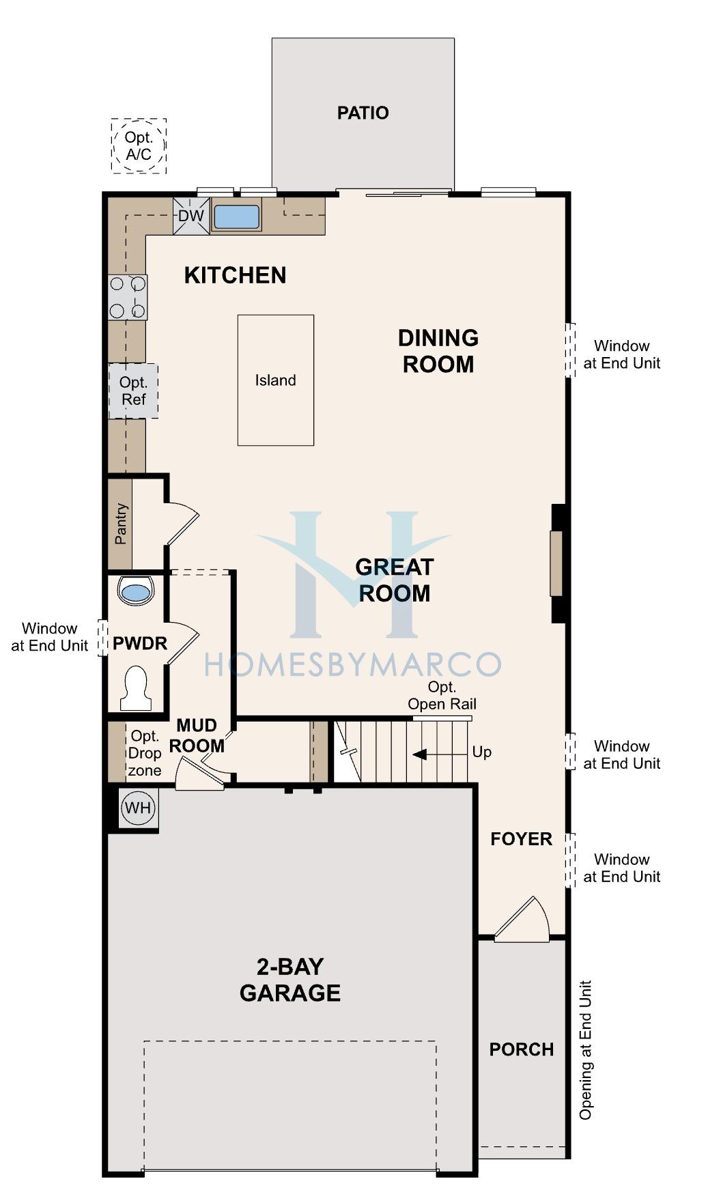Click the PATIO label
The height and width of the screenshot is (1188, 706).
[363, 113]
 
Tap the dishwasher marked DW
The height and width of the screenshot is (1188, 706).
[191, 216]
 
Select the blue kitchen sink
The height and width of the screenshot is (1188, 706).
[236, 216]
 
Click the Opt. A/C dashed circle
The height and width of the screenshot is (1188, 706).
[139, 145]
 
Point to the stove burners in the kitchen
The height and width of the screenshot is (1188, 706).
[128, 297]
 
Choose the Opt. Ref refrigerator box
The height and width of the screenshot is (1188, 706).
[133, 391]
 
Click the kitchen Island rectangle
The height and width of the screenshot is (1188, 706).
[276, 380]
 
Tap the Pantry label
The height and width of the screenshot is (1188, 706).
[121, 524]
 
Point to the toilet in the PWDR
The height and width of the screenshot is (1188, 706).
[136, 688]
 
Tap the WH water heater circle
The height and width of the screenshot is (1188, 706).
[139, 808]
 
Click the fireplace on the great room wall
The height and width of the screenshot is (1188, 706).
[557, 563]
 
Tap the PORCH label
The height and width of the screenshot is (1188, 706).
[522, 1049]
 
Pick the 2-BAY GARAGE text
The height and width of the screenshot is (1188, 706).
[290, 980]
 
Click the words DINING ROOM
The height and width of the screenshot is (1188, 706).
[438, 351]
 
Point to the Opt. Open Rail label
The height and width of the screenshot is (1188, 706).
[442, 696]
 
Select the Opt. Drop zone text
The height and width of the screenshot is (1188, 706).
[145, 753]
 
